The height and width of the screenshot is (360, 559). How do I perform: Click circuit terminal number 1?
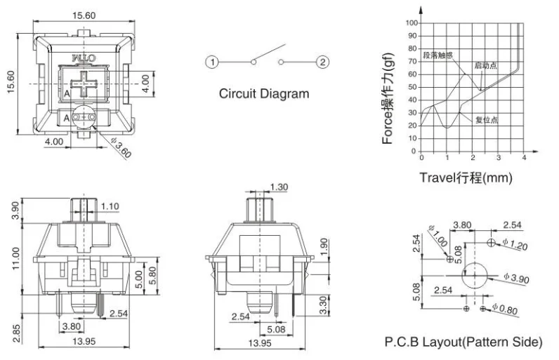211,62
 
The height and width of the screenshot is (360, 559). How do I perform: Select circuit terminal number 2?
322,62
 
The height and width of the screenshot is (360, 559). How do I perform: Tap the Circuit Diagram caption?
263,93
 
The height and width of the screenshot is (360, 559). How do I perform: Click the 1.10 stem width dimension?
110,207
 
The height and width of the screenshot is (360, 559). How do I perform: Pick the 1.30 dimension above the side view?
279,187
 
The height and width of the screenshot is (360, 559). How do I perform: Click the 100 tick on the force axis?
411,23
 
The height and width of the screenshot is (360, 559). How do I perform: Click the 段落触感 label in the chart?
439,53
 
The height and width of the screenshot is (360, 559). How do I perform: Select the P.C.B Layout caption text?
463,342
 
